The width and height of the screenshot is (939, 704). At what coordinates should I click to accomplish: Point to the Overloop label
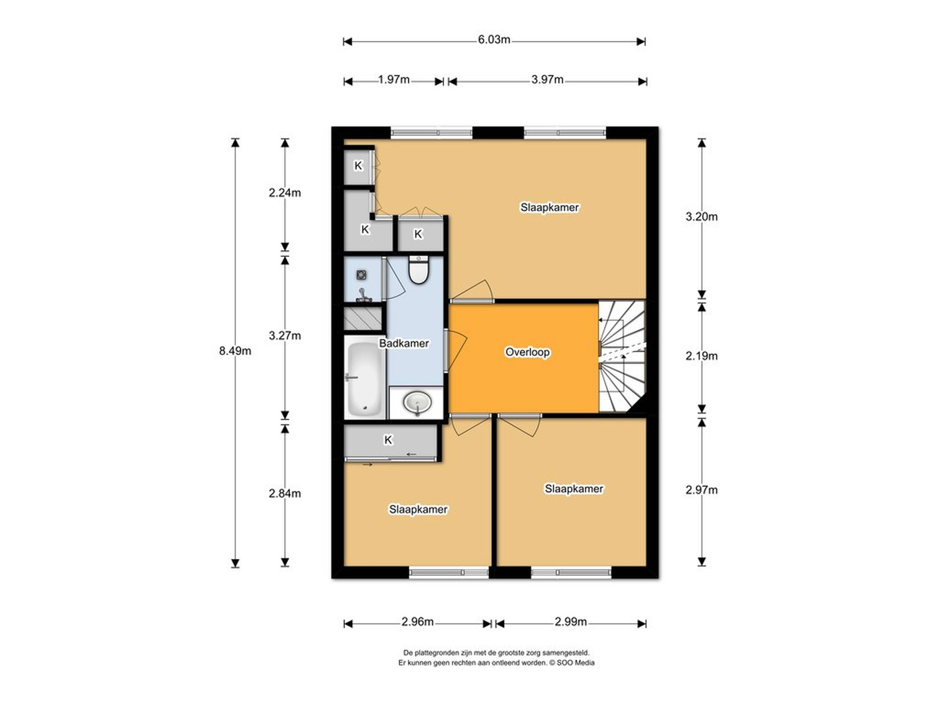(x=527, y=352)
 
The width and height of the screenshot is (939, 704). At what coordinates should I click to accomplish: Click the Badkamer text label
(x=404, y=343)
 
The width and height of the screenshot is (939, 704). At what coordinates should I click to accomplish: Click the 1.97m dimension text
(x=394, y=79)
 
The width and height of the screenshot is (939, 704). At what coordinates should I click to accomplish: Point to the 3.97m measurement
(x=548, y=79)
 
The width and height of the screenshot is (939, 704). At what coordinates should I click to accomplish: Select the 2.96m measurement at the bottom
(x=418, y=622)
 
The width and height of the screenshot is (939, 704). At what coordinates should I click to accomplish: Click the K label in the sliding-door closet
(x=388, y=440)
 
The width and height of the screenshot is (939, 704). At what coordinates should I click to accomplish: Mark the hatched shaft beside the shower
(x=363, y=318)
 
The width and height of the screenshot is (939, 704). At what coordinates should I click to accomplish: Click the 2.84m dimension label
(x=285, y=493)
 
